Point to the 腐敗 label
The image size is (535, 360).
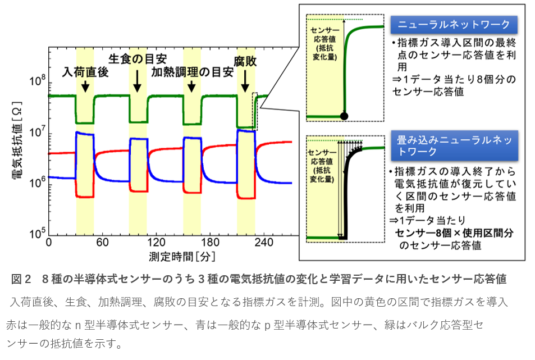(x=245, y=61)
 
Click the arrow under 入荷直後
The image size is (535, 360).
(x=85, y=86)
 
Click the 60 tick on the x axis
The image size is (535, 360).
(x=102, y=243)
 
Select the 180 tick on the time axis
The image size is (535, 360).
(x=209, y=243)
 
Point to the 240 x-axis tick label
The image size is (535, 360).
(x=263, y=243)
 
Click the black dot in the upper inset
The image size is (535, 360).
(x=344, y=116)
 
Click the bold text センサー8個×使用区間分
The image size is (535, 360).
(x=454, y=233)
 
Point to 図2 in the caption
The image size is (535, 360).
(x=21, y=279)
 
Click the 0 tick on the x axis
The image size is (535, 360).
(x=49, y=243)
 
